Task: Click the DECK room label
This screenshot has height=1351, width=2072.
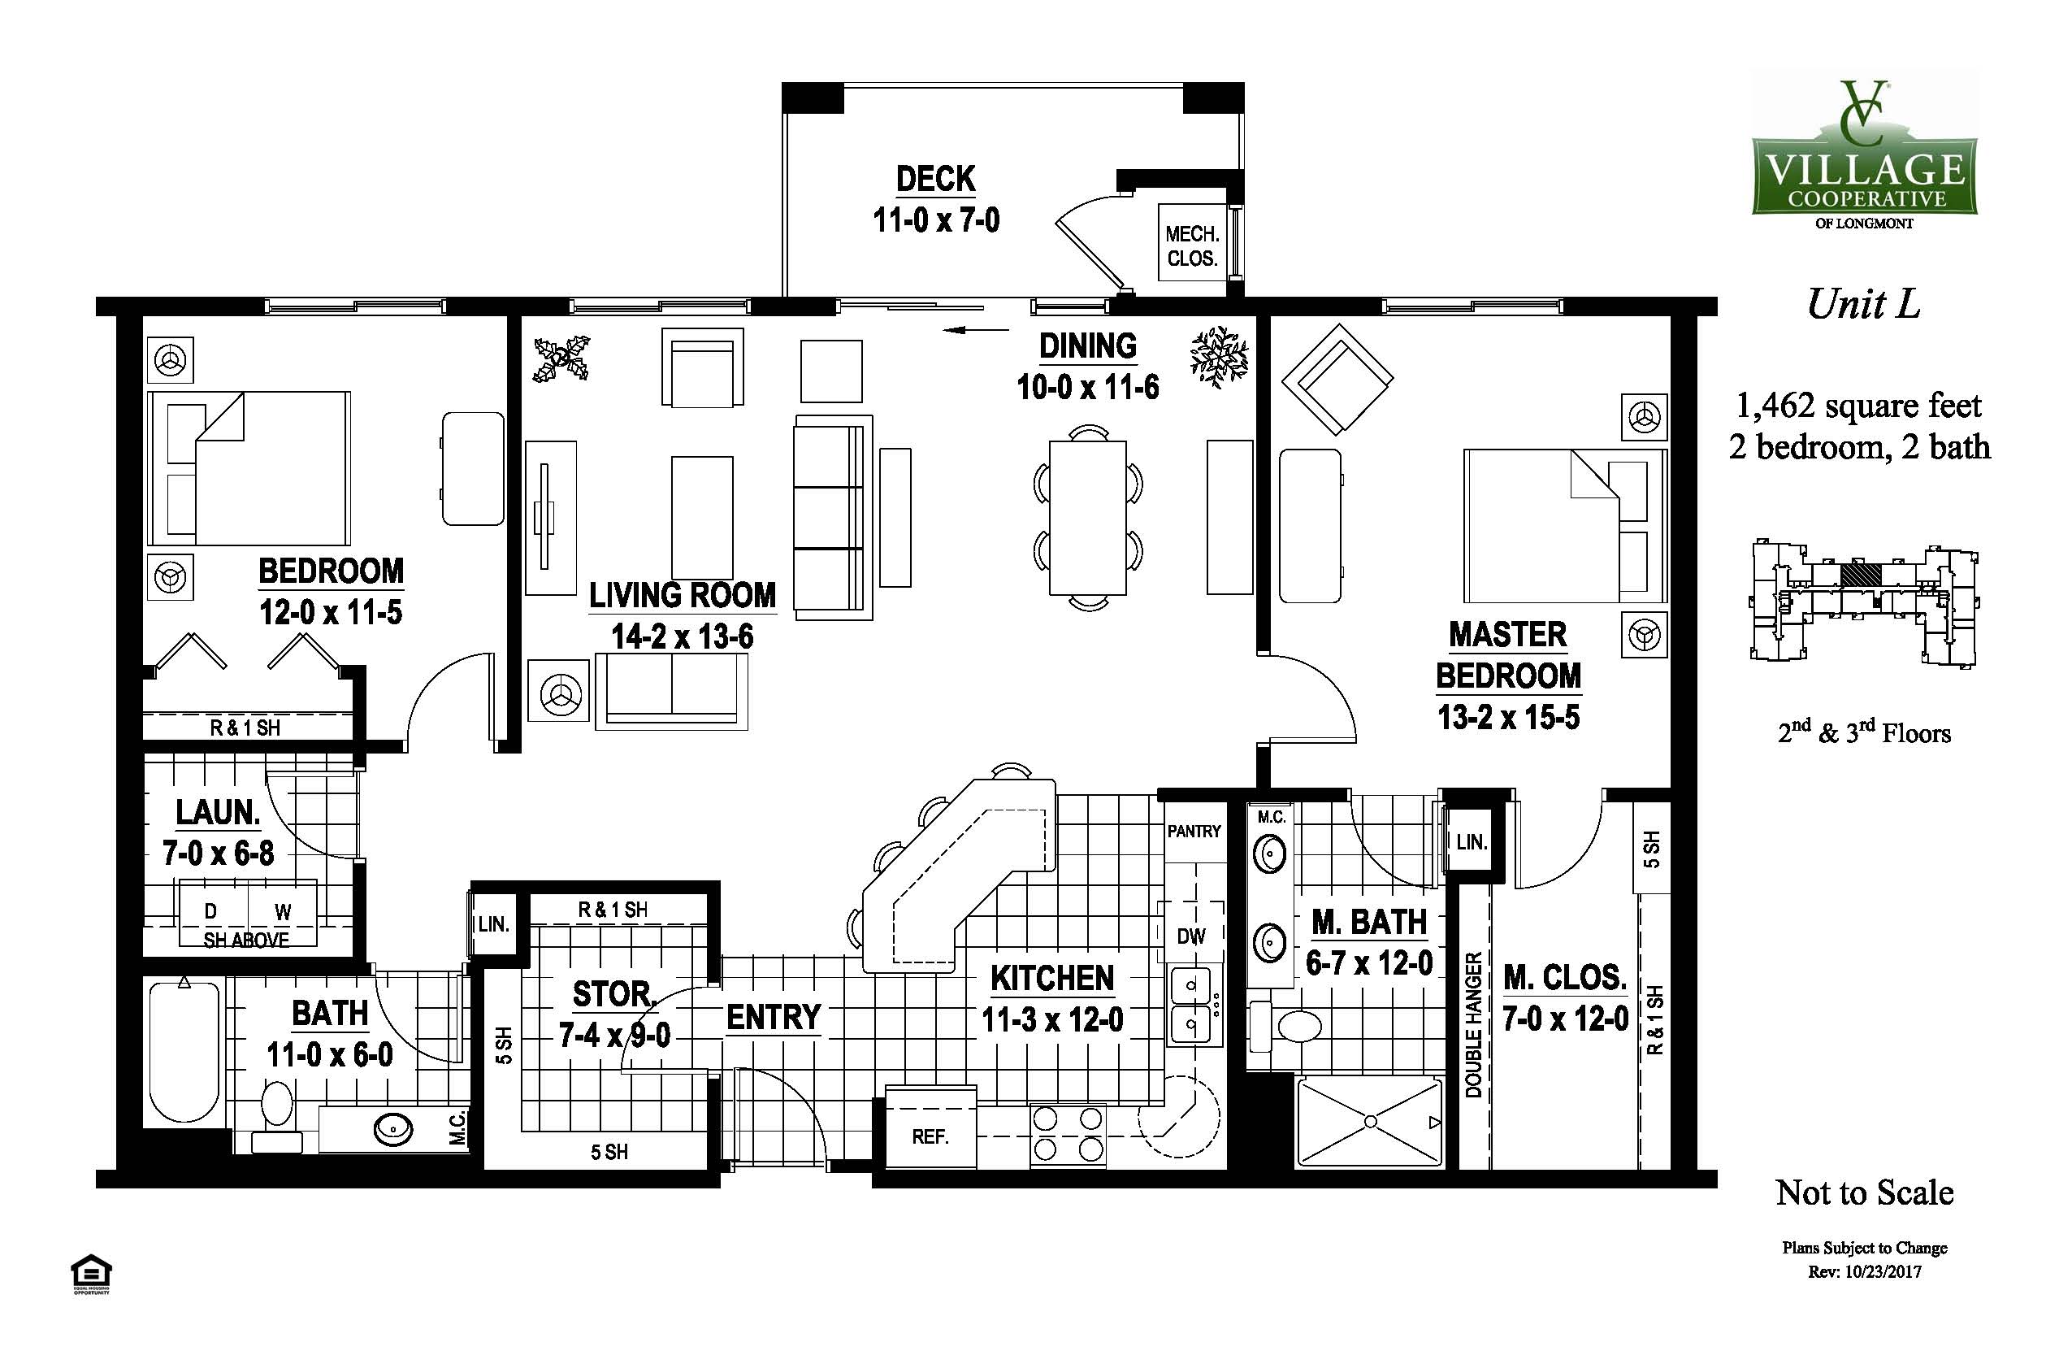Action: pos(936,179)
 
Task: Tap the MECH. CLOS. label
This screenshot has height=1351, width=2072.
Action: pos(1192,246)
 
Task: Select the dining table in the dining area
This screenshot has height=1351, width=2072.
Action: pos(1087,518)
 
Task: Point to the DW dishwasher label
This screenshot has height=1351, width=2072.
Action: pos(1191,936)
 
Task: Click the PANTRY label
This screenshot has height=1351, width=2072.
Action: pos(1194,831)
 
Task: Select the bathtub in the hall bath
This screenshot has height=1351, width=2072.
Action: pos(184,1051)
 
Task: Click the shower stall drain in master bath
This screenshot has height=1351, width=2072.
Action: pos(1369,1121)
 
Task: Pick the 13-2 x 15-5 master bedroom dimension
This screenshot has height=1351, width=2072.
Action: pos(1509,717)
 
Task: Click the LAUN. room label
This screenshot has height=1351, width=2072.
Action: pos(218,812)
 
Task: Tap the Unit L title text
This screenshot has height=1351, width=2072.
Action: pos(1864,304)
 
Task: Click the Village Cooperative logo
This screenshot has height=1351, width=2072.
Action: pos(1865,154)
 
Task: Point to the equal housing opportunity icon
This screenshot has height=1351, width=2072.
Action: pos(90,1275)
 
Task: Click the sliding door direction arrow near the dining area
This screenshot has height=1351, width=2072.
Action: pos(976,331)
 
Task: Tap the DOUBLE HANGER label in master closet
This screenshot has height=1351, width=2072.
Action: pos(1473,1024)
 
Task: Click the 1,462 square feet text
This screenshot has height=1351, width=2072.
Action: pos(1859,406)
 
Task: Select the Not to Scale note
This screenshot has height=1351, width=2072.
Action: pos(1865,1192)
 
